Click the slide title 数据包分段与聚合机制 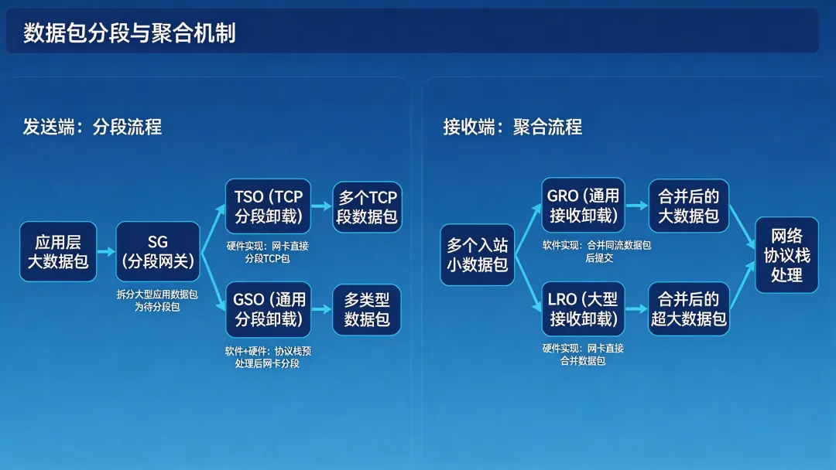(129, 33)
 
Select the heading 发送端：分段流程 (92, 127)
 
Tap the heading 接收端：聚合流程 (512, 127)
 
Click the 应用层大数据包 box (58, 251)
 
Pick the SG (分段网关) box (158, 251)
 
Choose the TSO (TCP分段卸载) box (268, 206)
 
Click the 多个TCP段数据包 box (367, 206)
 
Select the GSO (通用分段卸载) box (268, 309)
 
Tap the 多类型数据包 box (367, 309)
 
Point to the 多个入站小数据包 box (478, 255)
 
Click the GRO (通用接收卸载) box (583, 205)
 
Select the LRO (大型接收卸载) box (583, 309)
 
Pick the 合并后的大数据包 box (689, 205)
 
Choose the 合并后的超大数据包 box (689, 309)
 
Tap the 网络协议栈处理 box (786, 255)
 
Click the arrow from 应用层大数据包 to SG (106, 251)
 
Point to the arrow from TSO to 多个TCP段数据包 (321, 206)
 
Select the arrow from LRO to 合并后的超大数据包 (636, 309)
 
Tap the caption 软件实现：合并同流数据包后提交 (597, 251)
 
